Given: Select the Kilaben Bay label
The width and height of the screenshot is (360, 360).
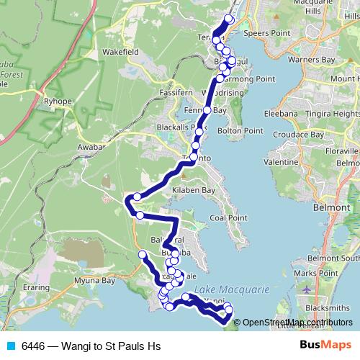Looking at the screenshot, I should [x=194, y=190].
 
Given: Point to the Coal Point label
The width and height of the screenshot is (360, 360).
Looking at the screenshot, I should [x=228, y=217].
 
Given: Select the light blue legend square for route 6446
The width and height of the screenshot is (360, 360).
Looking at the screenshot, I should [x=11, y=346].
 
